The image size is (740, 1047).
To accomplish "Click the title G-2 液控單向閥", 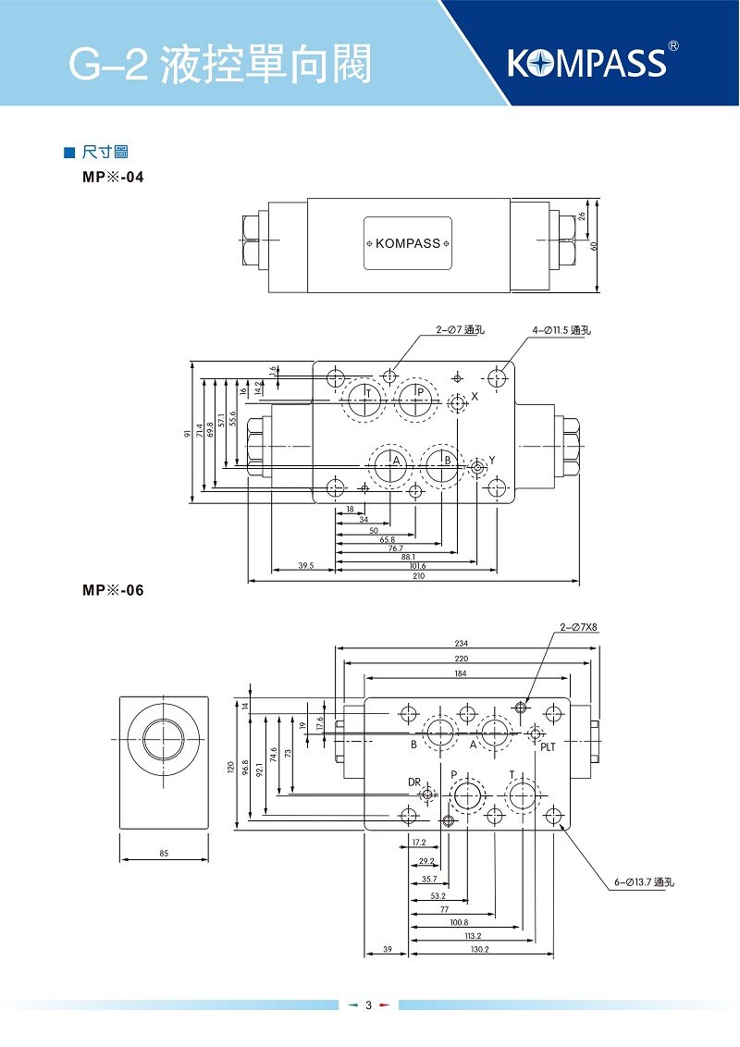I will click(220, 66).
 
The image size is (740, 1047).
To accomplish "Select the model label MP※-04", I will click(113, 176).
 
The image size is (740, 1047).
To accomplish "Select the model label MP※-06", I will click(113, 590).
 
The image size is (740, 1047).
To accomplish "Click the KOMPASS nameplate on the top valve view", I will click(407, 243).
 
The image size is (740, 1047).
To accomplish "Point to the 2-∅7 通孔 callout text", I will click(461, 329).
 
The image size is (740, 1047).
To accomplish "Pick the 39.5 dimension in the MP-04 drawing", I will click(306, 565).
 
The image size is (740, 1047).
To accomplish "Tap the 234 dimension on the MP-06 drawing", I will click(461, 644).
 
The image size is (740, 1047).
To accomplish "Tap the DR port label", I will click(414, 782).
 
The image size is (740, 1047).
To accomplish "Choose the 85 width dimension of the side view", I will click(163, 853).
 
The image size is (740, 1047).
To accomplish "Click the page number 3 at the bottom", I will click(368, 1005).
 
